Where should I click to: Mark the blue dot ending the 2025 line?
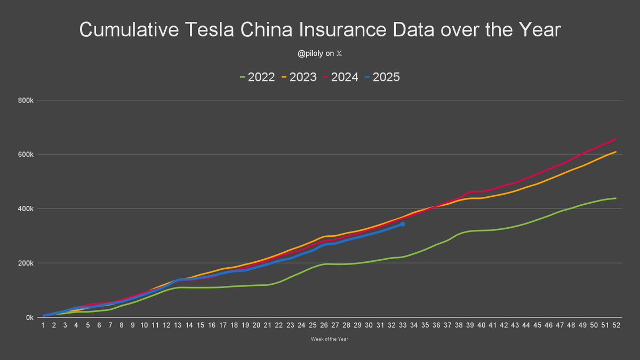(403, 224)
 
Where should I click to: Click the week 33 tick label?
(403, 325)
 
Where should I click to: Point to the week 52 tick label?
(616, 325)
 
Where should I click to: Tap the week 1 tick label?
(43, 325)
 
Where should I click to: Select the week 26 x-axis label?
(324, 325)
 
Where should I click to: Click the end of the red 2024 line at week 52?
(616, 139)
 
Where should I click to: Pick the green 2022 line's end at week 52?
(616, 198)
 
